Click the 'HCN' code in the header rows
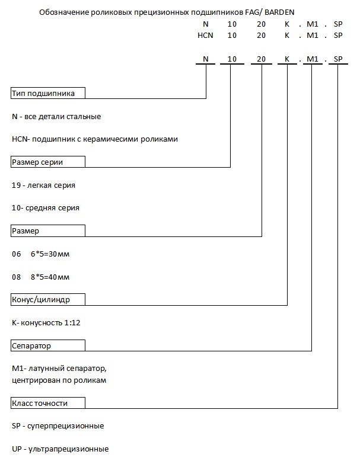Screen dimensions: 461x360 tap(205, 35)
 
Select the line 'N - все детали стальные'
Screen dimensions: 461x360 tap(56, 116)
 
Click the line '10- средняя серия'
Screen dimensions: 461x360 tap(45, 208)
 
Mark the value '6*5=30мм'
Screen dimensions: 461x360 tap(50, 254)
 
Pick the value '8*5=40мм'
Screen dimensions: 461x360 tap(50, 277)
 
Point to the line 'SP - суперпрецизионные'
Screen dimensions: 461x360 tap(58, 425)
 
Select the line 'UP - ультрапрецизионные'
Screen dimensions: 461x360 tap(60, 449)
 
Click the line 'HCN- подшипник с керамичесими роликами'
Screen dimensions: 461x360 tap(94, 139)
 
